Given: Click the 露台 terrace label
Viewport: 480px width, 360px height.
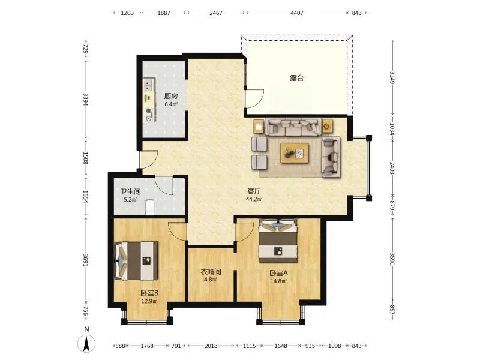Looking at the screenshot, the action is click(x=296, y=78).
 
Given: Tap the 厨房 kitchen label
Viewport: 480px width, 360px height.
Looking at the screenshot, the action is click(x=171, y=96).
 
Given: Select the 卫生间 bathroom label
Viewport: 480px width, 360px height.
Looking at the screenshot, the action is click(x=130, y=191).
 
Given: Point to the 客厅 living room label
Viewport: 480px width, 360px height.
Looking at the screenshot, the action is click(x=254, y=191).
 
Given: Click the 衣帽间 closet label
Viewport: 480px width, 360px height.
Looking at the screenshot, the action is click(x=211, y=272).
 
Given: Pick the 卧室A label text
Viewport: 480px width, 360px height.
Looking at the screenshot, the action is click(x=278, y=273).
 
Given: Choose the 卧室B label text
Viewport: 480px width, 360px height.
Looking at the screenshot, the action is click(x=149, y=293).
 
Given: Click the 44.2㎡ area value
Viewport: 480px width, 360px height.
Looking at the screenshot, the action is click(x=254, y=199).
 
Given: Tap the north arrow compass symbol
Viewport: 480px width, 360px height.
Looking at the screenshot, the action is click(x=86, y=343).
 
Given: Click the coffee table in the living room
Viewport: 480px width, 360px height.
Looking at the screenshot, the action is click(x=295, y=153).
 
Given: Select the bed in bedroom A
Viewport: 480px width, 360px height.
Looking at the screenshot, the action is click(x=278, y=241).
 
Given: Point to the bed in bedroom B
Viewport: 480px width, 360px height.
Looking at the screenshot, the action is click(x=136, y=261).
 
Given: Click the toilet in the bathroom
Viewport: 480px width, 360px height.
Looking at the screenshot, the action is click(x=150, y=207).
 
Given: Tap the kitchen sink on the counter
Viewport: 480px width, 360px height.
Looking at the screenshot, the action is click(x=149, y=85).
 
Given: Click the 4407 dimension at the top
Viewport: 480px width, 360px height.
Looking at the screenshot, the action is click(x=296, y=13).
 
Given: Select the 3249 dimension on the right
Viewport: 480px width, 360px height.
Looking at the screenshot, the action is click(x=392, y=78).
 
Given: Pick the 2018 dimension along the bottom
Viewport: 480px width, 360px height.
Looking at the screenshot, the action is click(x=211, y=346).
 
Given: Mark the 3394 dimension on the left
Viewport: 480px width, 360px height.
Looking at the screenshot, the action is click(x=86, y=100).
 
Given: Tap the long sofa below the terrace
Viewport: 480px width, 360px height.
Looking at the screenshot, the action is click(x=293, y=127).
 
